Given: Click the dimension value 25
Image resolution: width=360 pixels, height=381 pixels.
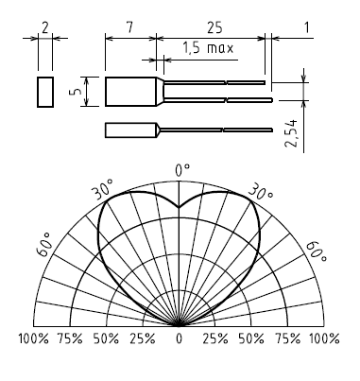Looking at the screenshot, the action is tap(214, 28).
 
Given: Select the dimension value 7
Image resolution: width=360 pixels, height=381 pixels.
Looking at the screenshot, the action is tap(129, 28).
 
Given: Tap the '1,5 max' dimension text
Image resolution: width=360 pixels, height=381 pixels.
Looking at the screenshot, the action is tap(208, 48).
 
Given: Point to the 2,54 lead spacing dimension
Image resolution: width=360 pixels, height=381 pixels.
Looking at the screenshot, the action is tap(291, 133).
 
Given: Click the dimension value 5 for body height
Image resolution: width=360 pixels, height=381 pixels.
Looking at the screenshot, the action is tap(77, 91).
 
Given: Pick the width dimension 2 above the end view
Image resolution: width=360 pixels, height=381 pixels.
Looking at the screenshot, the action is tap(45, 28).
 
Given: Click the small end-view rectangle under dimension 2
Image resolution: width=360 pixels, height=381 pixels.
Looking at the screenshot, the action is tap(45, 92).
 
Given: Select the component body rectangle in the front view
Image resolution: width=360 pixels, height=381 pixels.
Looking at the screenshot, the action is tap(131, 92).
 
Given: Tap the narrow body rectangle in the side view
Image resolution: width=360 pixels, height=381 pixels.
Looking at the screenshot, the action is tap(131, 130).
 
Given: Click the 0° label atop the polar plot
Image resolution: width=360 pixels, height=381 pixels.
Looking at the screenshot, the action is tap(182, 170).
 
